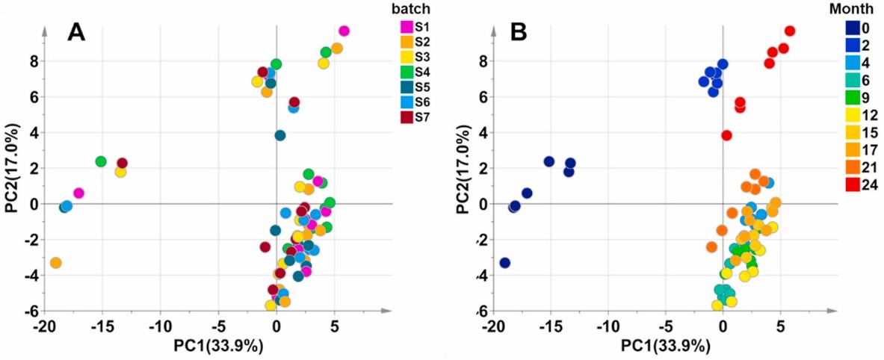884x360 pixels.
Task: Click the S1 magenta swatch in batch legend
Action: pos(407,28)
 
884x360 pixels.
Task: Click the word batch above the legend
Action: pos(415,8)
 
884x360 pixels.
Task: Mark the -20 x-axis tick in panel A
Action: pos(44,326)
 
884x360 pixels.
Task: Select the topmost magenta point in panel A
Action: pos(344,31)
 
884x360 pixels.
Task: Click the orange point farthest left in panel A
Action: pos(55,263)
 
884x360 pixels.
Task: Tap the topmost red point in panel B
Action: pos(789,31)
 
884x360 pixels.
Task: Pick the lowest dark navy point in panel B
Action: pos(504,263)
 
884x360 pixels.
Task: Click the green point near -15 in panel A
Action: pos(101,161)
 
